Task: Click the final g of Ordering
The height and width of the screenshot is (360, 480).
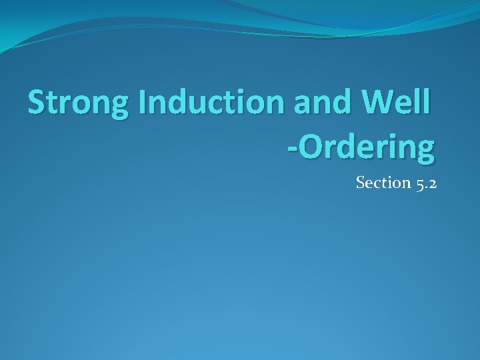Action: click(x=425, y=151)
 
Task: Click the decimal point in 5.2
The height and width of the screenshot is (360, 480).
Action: click(x=426, y=187)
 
